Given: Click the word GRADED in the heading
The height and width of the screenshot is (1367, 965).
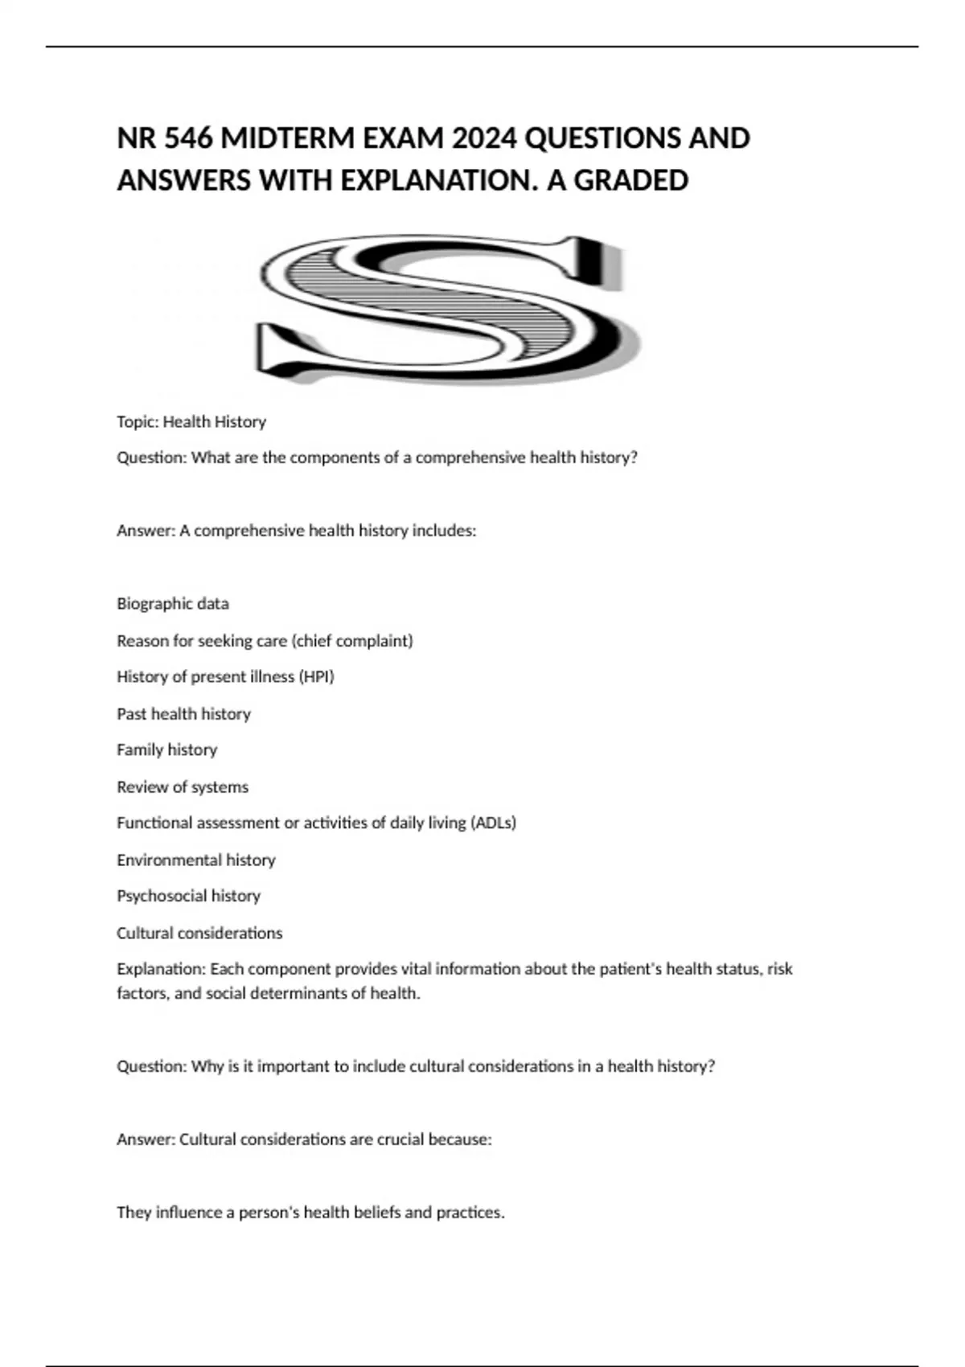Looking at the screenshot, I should click(x=631, y=180).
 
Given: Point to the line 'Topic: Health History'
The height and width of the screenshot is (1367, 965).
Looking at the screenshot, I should click(x=191, y=421).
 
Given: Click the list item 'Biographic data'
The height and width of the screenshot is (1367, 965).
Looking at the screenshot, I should click(x=173, y=603).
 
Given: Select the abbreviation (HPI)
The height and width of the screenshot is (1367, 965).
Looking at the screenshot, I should click(x=316, y=676).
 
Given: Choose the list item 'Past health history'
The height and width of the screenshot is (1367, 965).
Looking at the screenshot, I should click(x=184, y=713).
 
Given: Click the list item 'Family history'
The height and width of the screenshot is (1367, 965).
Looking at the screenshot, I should click(x=167, y=749).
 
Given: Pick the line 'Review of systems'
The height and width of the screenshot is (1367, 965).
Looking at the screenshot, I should click(x=183, y=786).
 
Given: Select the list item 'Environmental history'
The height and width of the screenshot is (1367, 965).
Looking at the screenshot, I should click(x=196, y=860).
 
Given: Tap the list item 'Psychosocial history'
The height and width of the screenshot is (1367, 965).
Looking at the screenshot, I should click(x=189, y=896).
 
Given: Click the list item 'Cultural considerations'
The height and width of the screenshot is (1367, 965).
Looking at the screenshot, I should click(x=199, y=933).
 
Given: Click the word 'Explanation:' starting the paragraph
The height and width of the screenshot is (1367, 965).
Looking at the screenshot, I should click(x=161, y=969).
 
